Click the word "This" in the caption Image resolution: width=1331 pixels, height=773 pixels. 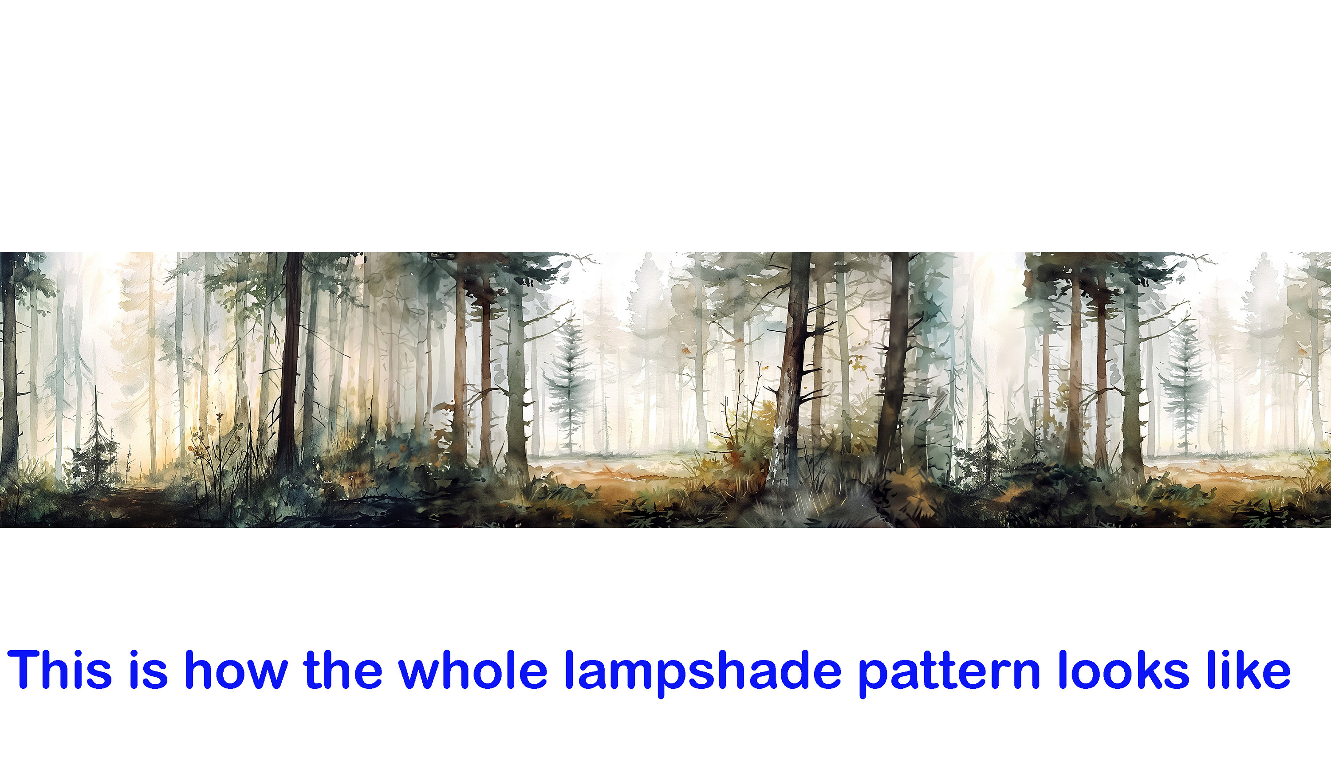pos(59,670)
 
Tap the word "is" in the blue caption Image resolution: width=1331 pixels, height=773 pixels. pos(148,670)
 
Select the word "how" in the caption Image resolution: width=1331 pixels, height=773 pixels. pos(236,670)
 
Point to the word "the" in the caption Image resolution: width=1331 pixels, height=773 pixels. pos(342,670)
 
